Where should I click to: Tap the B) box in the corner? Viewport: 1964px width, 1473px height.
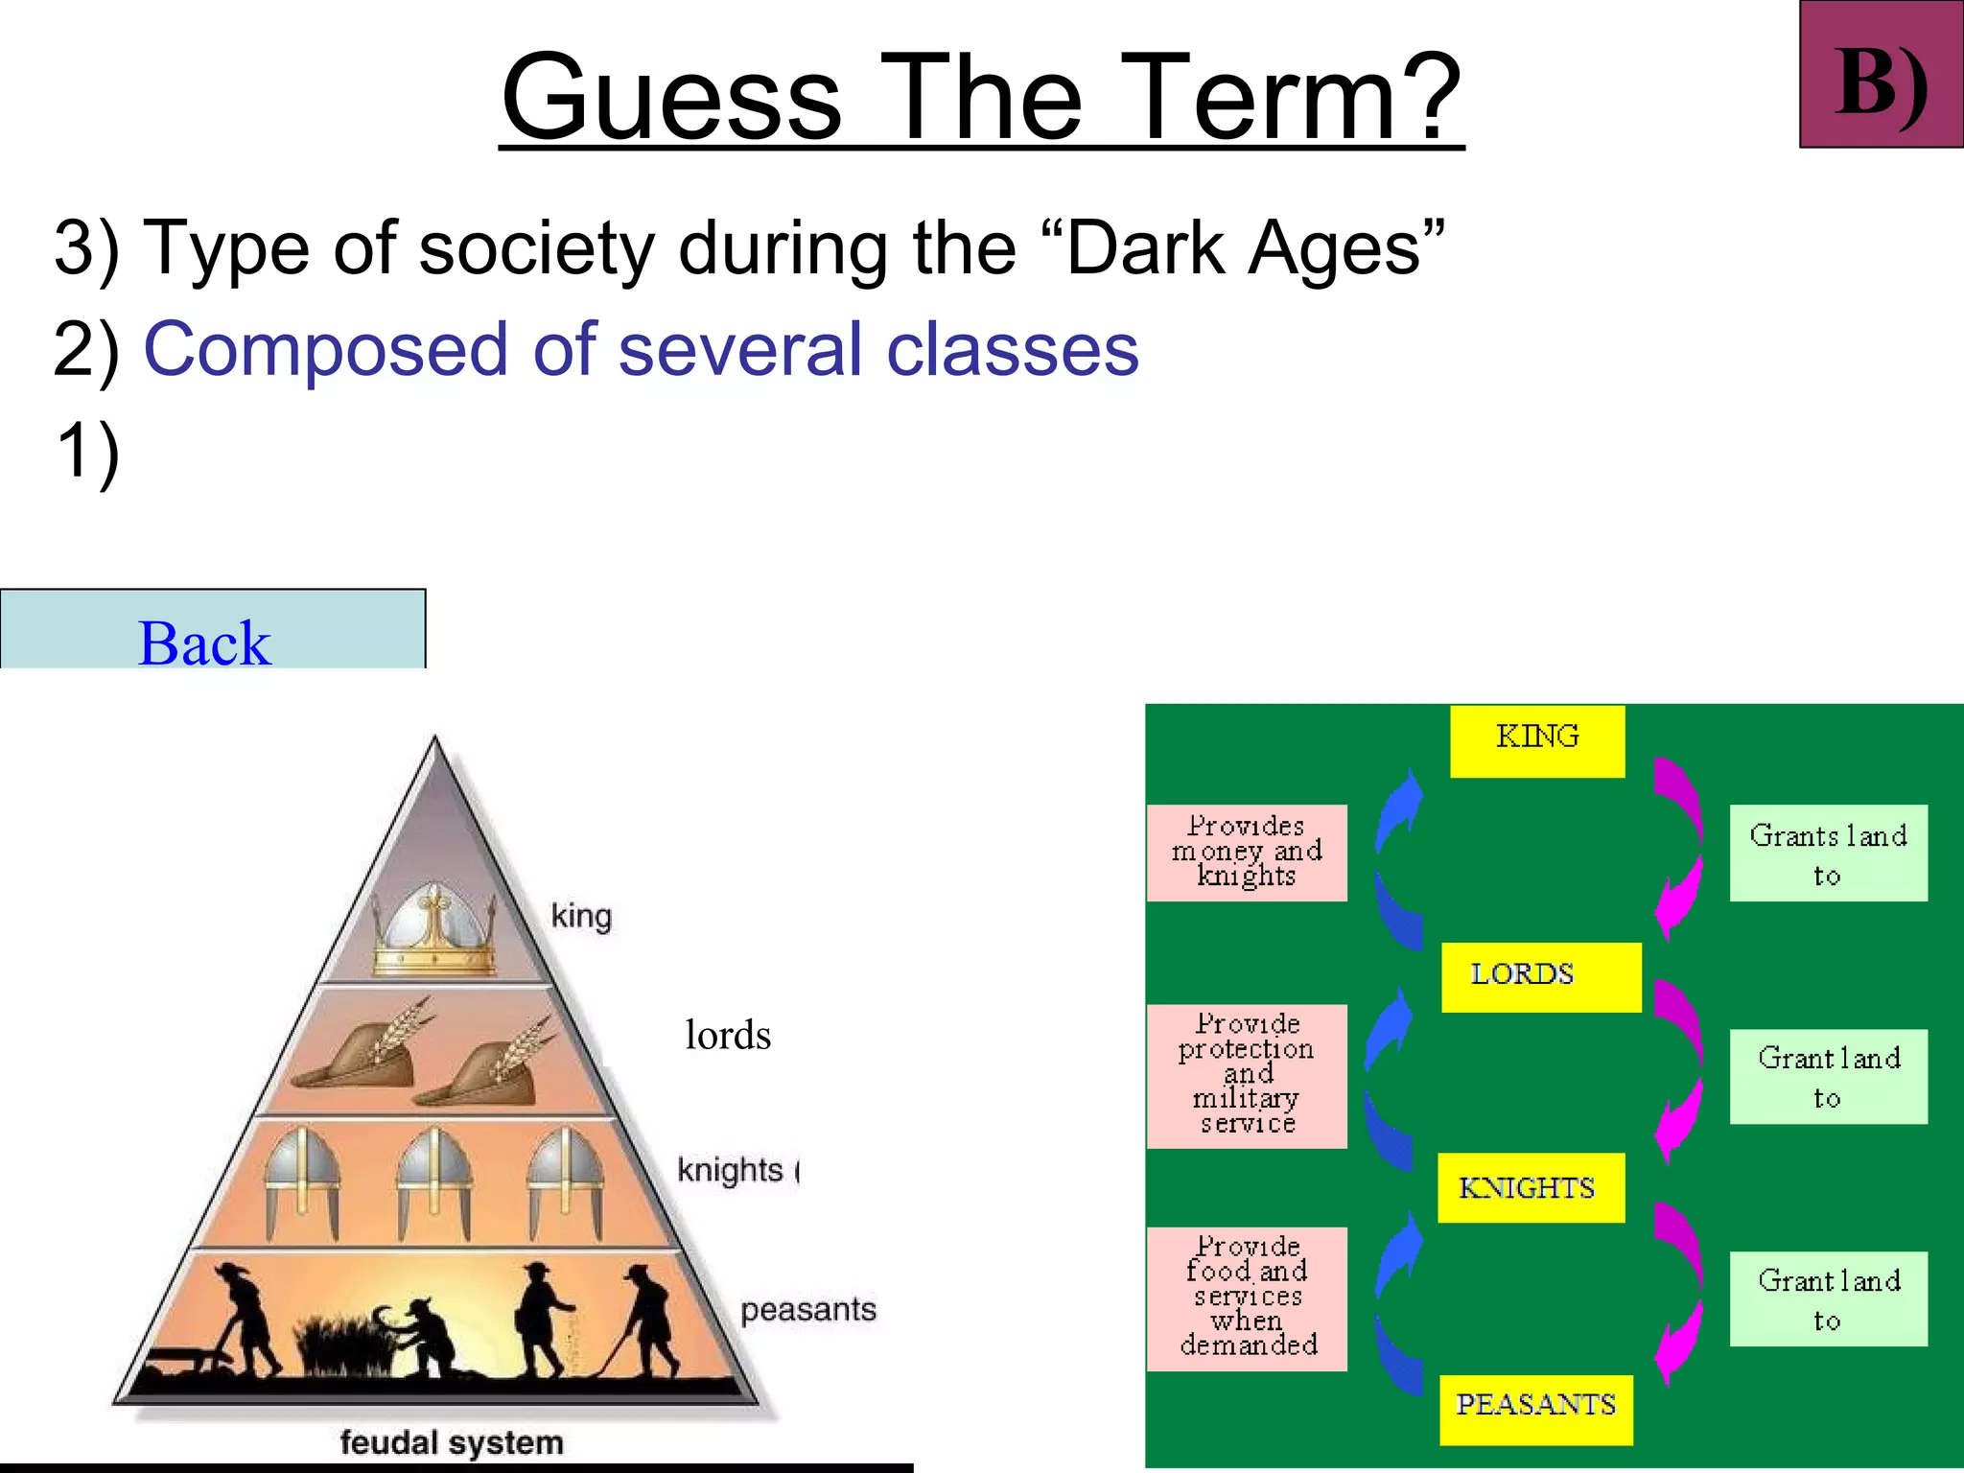point(1881,75)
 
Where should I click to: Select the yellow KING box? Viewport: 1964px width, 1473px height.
point(1536,740)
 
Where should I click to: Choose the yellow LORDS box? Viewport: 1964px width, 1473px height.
point(1540,976)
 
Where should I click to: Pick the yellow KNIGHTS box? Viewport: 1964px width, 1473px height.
point(1531,1188)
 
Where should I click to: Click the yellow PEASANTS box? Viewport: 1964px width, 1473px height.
point(1535,1408)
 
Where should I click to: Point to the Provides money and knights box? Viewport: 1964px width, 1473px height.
point(1247,853)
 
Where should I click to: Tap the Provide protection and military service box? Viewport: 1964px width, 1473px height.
point(1247,1075)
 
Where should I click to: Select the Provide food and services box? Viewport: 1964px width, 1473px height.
point(1247,1298)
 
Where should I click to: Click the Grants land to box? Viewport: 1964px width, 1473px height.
point(1828,853)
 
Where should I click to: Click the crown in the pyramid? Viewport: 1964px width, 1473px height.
point(433,935)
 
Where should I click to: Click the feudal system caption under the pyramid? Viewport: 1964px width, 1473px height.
point(451,1442)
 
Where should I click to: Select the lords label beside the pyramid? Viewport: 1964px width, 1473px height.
point(728,1036)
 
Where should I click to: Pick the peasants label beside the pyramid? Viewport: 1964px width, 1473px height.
point(807,1309)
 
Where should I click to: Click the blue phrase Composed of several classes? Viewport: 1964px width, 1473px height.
point(641,349)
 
